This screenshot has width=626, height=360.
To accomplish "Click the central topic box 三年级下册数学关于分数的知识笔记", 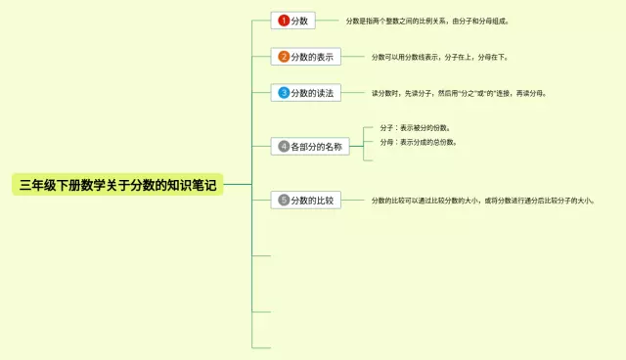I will pos(118,184).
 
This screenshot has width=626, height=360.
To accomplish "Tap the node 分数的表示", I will pos(305,57).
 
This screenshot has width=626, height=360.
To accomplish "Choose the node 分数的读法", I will pos(305,93).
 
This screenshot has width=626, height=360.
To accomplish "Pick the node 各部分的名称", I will pos(310,146).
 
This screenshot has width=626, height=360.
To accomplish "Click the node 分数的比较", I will pos(305,200).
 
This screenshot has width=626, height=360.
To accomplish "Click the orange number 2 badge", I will pos(284,57).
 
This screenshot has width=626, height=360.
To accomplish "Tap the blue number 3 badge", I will pos(284,93).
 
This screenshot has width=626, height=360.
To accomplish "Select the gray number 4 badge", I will pos(284,146).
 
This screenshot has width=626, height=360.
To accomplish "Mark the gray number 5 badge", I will pos(284,200).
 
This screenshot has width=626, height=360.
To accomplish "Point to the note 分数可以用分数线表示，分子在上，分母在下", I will pos(453,57).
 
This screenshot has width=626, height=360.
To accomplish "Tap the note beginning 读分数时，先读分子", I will pos(459,93).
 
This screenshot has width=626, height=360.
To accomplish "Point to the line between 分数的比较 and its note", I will pos(352,200).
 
